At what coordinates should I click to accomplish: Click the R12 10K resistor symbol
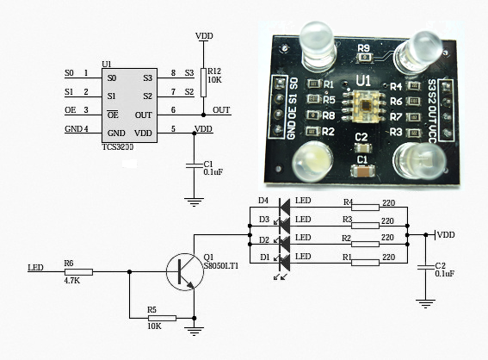(x=203, y=83)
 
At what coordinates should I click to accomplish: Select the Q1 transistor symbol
(x=185, y=272)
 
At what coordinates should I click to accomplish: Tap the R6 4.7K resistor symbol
(x=78, y=272)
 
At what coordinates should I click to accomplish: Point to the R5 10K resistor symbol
(x=162, y=318)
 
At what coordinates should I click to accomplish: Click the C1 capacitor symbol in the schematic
(x=194, y=165)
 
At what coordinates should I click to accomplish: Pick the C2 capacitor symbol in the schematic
(x=425, y=268)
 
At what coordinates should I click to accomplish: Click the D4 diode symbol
(x=285, y=207)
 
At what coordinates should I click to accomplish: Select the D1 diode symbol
(x=285, y=263)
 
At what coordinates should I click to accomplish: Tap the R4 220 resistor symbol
(x=366, y=208)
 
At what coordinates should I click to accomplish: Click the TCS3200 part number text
(x=118, y=147)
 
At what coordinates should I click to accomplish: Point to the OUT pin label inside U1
(x=143, y=115)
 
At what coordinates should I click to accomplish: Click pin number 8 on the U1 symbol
(x=173, y=73)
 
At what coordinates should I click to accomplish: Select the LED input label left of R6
(x=36, y=268)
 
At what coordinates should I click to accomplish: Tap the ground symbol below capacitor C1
(x=194, y=202)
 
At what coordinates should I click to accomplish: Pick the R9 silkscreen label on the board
(x=363, y=48)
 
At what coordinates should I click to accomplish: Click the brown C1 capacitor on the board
(x=362, y=171)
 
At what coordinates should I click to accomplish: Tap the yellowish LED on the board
(x=312, y=162)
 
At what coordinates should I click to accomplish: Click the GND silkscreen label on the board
(x=291, y=129)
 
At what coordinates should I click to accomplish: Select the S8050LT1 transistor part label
(x=221, y=265)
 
